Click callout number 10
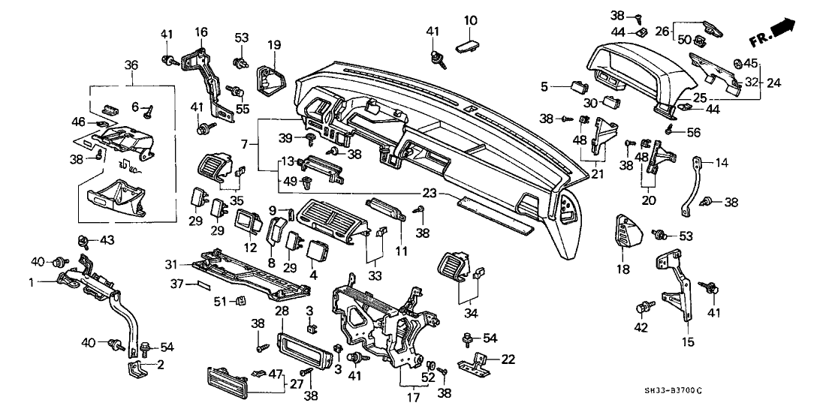470,20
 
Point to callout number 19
274,45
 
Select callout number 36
131,66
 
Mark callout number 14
722,161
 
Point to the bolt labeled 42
644,308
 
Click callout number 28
282,310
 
